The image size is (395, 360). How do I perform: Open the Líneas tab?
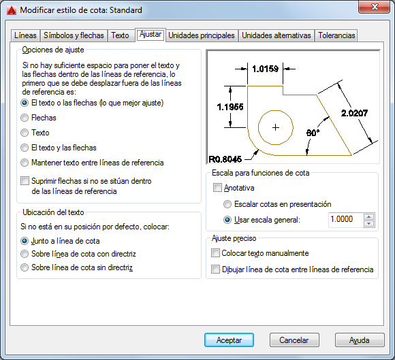25,35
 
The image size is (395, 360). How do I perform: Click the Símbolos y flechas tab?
74,35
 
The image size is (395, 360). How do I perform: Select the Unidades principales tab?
202,35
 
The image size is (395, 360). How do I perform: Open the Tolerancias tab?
336,35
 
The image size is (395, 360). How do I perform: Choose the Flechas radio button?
25,118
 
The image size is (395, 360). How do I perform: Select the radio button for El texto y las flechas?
25,148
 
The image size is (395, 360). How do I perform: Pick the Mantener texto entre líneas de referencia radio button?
25,163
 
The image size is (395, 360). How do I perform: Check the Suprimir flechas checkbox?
25,181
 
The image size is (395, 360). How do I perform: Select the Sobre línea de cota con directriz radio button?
25,254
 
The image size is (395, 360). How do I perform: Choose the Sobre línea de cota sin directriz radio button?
25,267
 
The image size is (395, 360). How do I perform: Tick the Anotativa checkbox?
217,188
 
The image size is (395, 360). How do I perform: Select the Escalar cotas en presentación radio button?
227,204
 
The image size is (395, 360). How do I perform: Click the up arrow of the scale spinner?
369,217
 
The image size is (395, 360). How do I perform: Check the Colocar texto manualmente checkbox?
215,253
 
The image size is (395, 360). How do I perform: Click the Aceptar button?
229,340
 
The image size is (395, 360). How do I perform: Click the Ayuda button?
360,340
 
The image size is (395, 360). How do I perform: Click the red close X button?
375,7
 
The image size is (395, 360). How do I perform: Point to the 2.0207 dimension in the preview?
354,113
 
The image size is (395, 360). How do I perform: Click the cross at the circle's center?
276,128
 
